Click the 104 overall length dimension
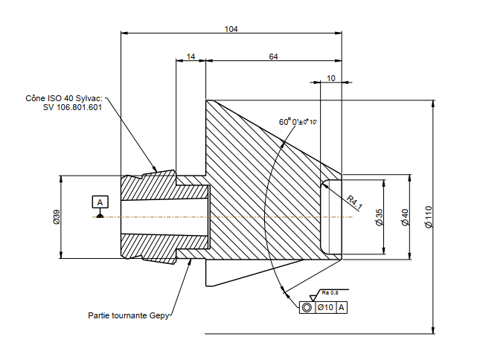click(x=231, y=28)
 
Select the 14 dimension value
click(x=191, y=57)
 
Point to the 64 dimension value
click(x=273, y=57)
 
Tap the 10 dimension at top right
click(x=330, y=77)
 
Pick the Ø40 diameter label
click(x=405, y=217)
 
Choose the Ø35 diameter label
click(x=379, y=217)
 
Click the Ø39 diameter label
click(x=56, y=217)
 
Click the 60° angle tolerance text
click(x=298, y=121)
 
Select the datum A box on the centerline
click(x=100, y=202)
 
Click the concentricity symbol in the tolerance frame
click(x=306, y=307)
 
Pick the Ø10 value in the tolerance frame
click(x=324, y=307)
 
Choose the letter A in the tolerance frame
click(x=342, y=307)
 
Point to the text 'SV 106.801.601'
click(x=72, y=107)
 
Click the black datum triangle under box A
click(x=100, y=213)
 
